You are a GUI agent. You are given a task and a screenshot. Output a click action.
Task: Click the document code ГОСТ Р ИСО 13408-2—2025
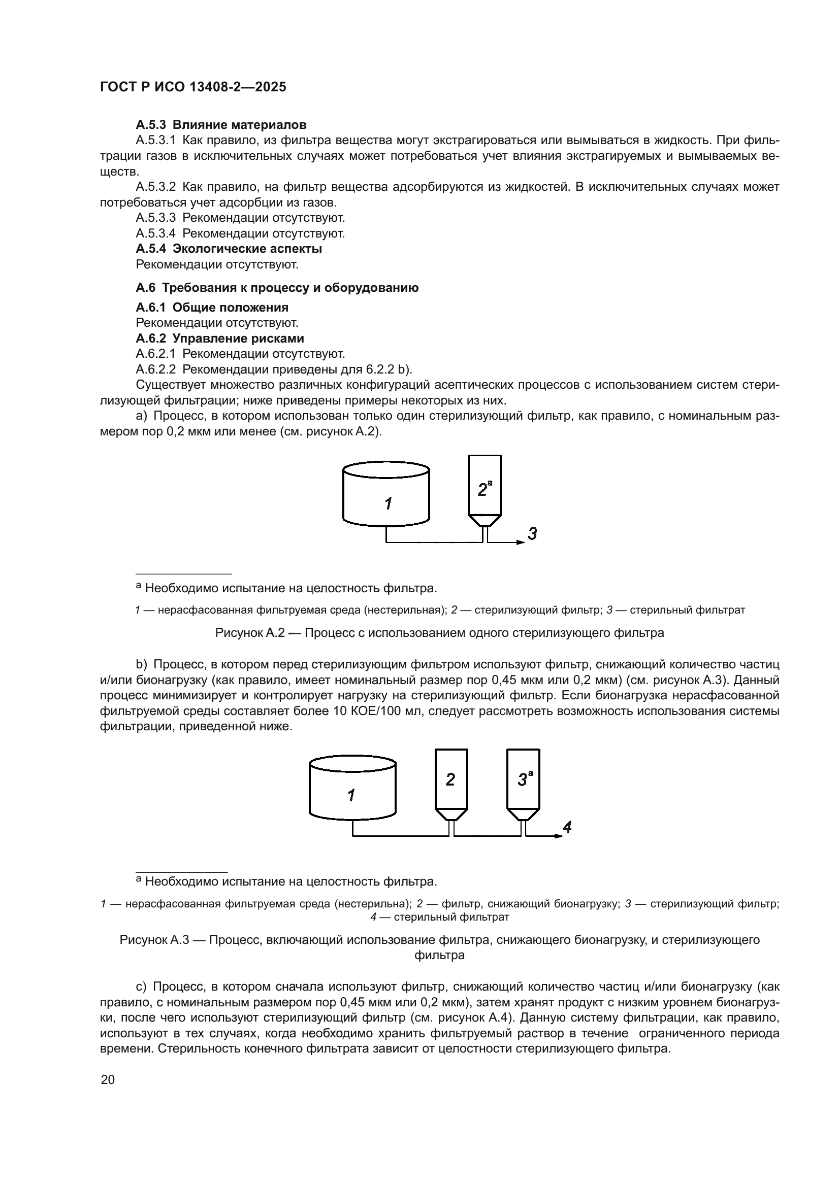[x=193, y=87]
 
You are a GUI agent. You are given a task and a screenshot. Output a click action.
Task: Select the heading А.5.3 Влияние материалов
[x=221, y=125]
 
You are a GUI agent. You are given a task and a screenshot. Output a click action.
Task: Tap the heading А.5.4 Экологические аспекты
[x=229, y=249]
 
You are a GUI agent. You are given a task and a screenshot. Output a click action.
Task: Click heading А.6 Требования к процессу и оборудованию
[x=277, y=288]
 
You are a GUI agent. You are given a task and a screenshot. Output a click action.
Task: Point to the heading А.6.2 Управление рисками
[x=220, y=338]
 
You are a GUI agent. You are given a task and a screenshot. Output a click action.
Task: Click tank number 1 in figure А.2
[x=386, y=499]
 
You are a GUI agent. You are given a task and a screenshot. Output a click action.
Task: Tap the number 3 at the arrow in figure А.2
[x=532, y=533]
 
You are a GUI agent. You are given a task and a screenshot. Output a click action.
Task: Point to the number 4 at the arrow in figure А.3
[x=567, y=827]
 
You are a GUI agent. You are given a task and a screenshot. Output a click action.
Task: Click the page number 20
[x=108, y=1080]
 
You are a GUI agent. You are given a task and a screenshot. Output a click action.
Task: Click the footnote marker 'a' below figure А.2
[x=139, y=587]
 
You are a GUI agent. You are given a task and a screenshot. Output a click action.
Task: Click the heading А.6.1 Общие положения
[x=212, y=308]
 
